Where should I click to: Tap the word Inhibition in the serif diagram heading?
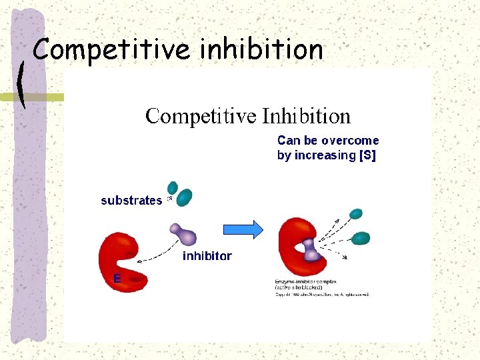click(306, 116)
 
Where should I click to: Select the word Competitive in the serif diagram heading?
click(201, 117)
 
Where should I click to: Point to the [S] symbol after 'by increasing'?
click(367, 155)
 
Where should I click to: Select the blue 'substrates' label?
click(131, 201)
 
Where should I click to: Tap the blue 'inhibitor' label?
click(207, 256)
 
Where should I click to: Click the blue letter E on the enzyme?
click(117, 279)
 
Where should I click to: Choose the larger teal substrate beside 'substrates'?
click(185, 197)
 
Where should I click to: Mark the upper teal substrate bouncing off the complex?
click(357, 214)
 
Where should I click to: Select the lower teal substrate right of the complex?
click(361, 237)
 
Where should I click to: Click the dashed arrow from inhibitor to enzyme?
click(159, 251)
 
